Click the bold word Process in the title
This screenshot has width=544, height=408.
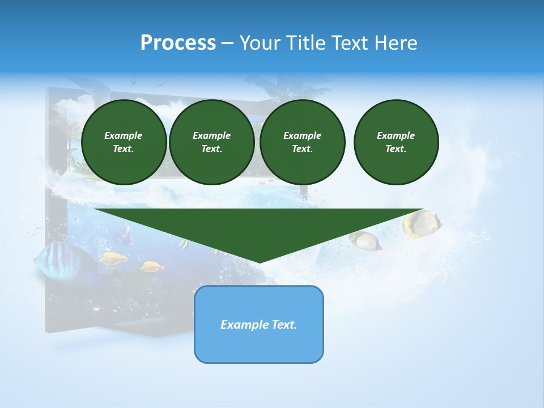point(178,43)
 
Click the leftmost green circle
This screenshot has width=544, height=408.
point(124,142)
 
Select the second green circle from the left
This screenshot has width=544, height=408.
point(211,142)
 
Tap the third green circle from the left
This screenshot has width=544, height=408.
point(302,142)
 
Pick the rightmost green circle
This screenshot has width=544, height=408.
point(396,142)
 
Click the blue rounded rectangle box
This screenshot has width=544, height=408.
point(258,324)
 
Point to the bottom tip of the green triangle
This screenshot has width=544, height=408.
point(260,262)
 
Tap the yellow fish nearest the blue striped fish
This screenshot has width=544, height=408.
point(113,258)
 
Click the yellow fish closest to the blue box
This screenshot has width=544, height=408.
point(152,266)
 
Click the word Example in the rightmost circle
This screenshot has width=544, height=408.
point(396,135)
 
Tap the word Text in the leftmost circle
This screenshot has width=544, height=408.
point(124,149)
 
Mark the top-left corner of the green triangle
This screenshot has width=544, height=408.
point(95,209)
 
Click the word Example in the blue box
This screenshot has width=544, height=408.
point(244,325)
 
